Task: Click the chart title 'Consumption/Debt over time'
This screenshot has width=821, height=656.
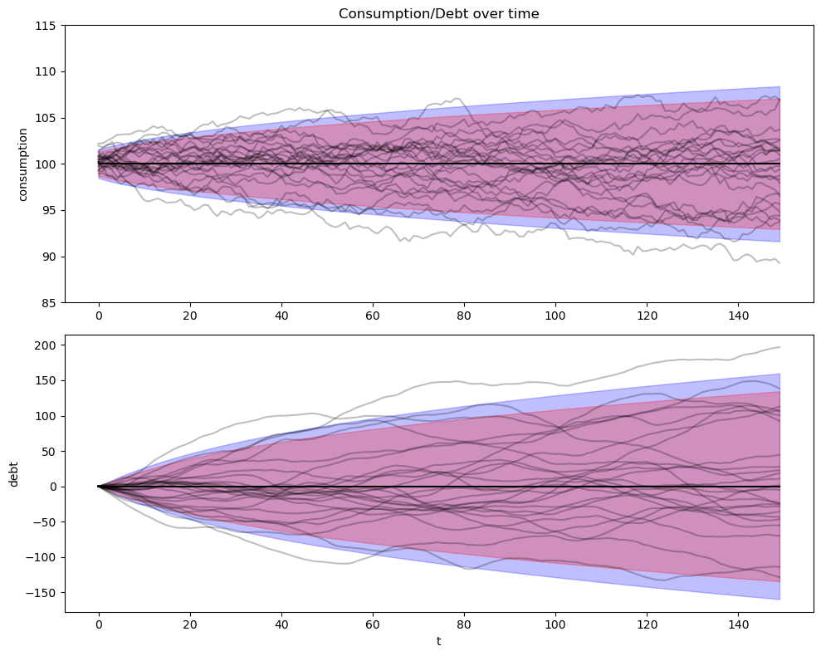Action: coord(438,13)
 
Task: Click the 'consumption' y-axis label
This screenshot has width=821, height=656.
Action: coord(23,164)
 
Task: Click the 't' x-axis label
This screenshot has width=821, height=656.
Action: coord(438,641)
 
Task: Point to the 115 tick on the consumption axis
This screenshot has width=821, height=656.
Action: coord(46,26)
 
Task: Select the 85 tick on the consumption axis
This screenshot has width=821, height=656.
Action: coord(49,302)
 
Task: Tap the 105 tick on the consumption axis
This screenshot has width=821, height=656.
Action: coord(46,118)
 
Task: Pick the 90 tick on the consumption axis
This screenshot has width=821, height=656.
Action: coord(49,257)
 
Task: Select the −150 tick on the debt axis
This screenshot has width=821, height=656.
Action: coord(41,593)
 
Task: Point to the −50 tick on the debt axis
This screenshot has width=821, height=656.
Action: coord(44,522)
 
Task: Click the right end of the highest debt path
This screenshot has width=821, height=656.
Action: coord(779,347)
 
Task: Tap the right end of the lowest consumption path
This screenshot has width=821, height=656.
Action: coord(779,263)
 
